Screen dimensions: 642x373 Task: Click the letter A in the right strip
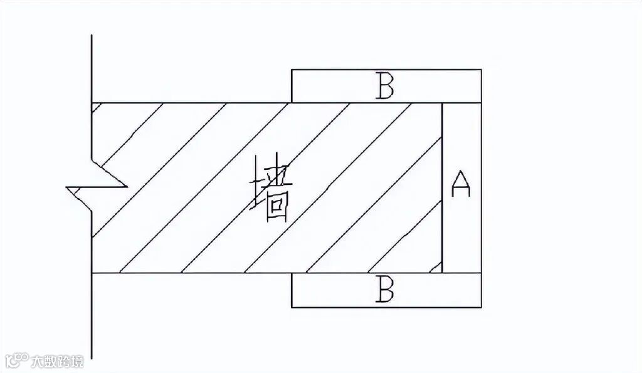[461, 184]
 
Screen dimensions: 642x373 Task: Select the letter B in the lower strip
[384, 290]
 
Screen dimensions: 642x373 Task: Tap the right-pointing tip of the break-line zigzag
[127, 186]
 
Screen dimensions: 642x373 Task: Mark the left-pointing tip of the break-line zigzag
[67, 187]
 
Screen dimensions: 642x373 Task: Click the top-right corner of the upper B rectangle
[481, 70]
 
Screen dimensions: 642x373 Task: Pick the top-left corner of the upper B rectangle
[292, 70]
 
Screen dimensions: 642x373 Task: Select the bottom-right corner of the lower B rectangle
[481, 307]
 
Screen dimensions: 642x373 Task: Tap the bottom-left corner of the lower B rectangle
[292, 307]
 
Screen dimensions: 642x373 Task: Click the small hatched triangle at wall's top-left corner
[95, 106]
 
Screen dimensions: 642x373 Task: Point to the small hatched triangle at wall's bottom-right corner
[438, 268]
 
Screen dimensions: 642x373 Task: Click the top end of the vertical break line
[92, 35]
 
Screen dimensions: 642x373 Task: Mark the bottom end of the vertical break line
[92, 358]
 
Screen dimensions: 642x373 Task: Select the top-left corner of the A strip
[443, 103]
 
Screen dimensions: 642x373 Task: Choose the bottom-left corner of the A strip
[443, 273]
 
